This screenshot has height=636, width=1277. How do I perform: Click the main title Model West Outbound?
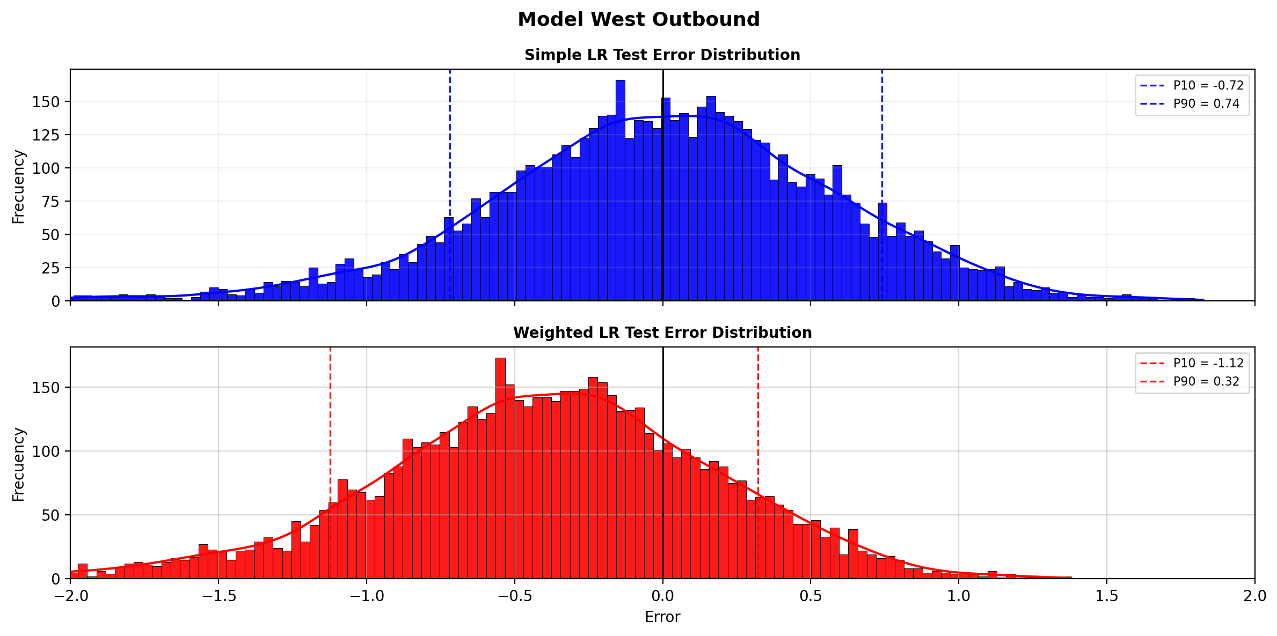click(x=638, y=19)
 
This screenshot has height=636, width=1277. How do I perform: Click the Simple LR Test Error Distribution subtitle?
click(x=662, y=55)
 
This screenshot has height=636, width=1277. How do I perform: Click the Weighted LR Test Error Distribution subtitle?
click(x=662, y=333)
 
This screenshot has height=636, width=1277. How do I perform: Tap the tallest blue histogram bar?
click(x=620, y=190)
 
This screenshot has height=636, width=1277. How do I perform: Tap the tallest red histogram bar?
click(x=500, y=468)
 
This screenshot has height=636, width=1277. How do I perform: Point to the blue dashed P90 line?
click(x=882, y=185)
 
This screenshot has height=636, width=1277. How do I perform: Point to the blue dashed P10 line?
click(x=450, y=185)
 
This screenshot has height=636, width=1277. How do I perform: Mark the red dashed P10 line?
click(x=330, y=463)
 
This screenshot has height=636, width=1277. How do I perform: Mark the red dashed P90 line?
click(x=758, y=463)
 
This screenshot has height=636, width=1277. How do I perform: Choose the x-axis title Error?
click(x=662, y=617)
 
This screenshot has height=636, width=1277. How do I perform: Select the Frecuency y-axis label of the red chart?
click(x=19, y=464)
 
